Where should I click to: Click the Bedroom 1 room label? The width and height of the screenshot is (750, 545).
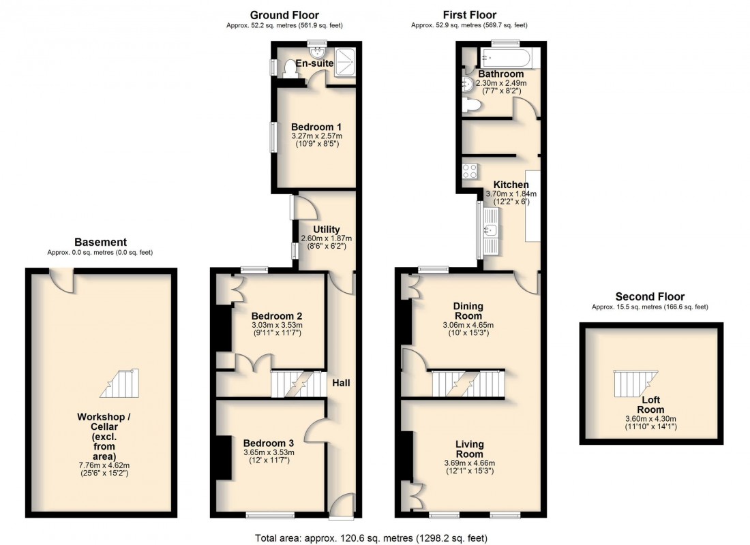[316, 127]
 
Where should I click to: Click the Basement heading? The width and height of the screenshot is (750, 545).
[100, 242]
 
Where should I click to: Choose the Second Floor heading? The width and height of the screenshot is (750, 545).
[650, 296]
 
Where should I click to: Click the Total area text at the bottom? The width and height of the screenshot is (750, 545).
[372, 538]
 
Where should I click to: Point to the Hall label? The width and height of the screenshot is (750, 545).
[341, 384]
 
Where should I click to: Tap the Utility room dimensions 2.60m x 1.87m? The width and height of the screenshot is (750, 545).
[326, 238]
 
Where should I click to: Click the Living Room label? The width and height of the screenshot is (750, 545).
[469, 449]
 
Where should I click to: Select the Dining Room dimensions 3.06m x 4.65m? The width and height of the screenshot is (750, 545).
[468, 325]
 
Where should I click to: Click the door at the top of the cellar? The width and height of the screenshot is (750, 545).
[62, 277]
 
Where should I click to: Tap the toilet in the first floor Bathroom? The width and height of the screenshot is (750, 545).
[470, 105]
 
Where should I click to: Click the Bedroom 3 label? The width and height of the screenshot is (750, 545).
[268, 441]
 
